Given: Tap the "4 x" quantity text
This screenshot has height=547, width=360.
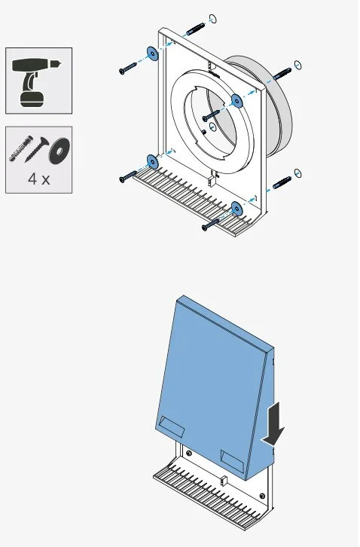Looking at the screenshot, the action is click(38, 179).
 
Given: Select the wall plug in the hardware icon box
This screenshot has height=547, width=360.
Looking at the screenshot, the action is click(20, 148).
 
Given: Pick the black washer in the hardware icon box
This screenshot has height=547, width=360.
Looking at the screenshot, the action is click(59, 151).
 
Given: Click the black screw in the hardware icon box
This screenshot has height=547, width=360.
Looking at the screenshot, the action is click(37, 149).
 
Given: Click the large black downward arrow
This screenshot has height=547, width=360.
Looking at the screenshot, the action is click(275, 424).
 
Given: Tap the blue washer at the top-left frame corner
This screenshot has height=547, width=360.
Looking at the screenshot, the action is click(152, 53).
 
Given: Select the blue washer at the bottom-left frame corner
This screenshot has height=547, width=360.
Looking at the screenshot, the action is click(152, 161).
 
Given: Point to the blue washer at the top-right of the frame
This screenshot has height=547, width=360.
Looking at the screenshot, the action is click(236, 101).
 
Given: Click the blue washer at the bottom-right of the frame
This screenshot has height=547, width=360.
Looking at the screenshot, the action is click(236, 208).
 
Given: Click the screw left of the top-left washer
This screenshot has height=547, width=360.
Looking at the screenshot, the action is click(128, 68).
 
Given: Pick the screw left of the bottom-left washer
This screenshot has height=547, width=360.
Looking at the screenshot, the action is click(128, 176).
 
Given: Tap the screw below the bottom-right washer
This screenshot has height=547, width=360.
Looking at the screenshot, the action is click(211, 225).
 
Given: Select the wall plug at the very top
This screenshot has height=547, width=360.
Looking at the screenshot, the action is click(195, 29).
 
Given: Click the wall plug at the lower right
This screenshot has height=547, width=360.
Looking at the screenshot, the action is click(282, 183).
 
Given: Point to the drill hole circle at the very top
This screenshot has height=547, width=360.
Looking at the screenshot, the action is click(213, 19).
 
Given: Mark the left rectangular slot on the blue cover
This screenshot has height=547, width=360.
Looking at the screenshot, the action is click(171, 426).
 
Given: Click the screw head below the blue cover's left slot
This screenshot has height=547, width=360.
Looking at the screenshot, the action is click(189, 453).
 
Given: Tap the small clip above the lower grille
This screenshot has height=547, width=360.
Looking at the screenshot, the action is click(224, 481).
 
